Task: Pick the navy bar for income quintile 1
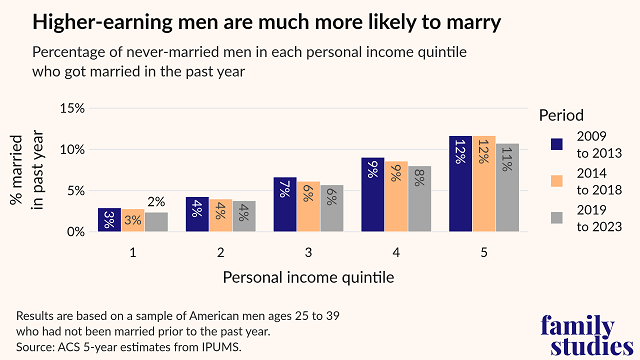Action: tap(109, 220)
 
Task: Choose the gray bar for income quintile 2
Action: tap(244, 216)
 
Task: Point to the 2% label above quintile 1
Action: tap(156, 203)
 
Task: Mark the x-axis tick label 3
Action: tap(308, 252)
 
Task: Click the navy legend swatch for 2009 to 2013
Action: tap(559, 144)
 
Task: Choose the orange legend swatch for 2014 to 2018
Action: tap(559, 181)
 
